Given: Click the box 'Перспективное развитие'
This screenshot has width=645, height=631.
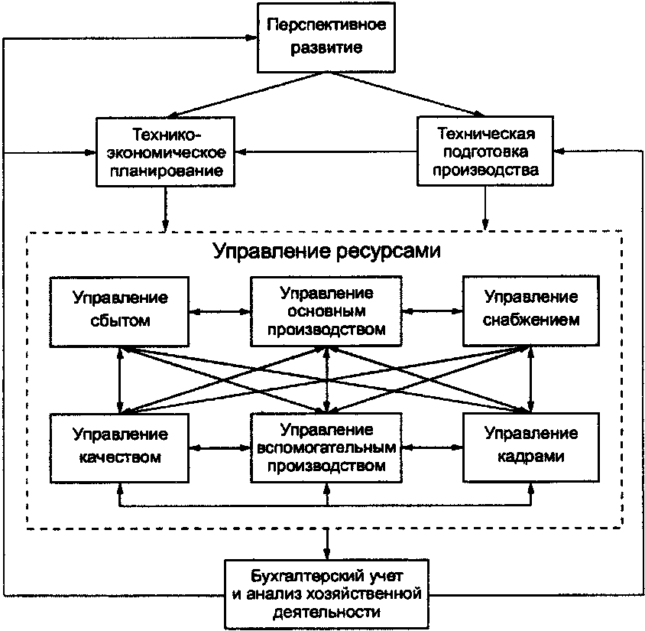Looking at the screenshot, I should click(x=327, y=36).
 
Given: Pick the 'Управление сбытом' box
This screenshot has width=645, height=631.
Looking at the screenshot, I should click(x=120, y=310).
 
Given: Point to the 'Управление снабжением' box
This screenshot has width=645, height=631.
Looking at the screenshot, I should click(x=531, y=310).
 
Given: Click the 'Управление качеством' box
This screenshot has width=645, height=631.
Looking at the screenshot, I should click(x=120, y=447).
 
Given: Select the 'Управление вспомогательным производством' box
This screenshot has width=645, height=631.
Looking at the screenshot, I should click(x=326, y=447).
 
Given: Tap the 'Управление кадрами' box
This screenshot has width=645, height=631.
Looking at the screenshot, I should click(x=531, y=447).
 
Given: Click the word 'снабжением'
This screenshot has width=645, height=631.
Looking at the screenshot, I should click(x=531, y=320).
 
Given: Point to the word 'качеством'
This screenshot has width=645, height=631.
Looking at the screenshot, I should click(x=120, y=457).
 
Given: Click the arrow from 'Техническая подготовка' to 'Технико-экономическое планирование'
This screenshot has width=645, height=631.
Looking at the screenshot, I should click(x=325, y=151).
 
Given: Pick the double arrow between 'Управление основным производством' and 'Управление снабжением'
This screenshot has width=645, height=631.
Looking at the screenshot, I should click(x=432, y=311).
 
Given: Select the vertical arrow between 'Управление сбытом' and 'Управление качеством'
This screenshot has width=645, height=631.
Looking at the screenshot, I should click(x=120, y=380).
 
